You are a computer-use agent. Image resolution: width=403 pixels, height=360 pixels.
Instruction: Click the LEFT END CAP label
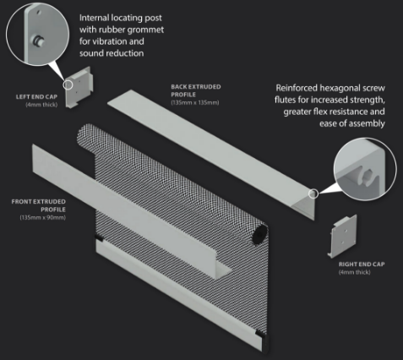[35, 97]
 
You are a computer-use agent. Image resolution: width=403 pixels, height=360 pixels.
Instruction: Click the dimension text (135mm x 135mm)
[194, 102]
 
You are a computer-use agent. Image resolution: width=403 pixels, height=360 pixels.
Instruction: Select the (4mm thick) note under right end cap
[356, 272]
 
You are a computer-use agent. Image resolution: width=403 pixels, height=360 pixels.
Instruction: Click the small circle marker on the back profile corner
[313, 194]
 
